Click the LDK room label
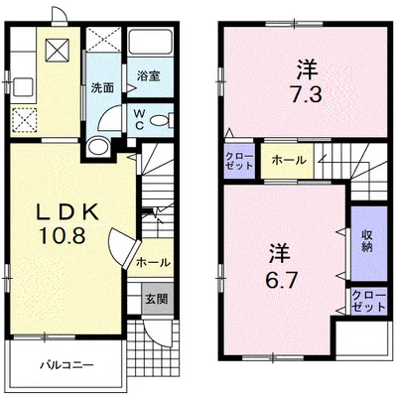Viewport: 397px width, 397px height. click(x=67, y=212)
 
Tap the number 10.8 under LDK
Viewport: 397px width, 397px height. click(x=63, y=236)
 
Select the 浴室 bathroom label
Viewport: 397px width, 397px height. click(x=149, y=76)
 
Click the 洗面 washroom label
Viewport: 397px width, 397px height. click(x=102, y=88)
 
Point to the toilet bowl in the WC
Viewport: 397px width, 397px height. click(x=159, y=120)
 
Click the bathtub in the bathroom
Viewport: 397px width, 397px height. click(x=151, y=42)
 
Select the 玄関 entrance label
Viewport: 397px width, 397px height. click(x=157, y=300)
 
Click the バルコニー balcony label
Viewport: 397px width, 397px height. click(x=67, y=365)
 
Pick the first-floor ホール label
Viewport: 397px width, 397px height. click(x=153, y=263)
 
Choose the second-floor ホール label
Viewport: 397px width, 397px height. click(x=289, y=161)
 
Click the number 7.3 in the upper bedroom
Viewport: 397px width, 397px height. click(x=307, y=94)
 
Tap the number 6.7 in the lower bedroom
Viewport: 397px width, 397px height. click(x=278, y=280)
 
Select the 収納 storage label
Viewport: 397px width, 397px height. click(x=367, y=241)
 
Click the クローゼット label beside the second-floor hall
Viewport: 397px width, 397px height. click(x=239, y=161)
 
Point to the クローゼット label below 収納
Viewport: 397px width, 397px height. click(x=368, y=302)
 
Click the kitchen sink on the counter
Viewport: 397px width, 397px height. click(x=23, y=86)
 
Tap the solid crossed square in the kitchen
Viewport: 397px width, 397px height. click(x=58, y=50)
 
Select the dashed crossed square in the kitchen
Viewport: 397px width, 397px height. click(x=24, y=119)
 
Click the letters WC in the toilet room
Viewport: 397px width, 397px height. click(x=139, y=119)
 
